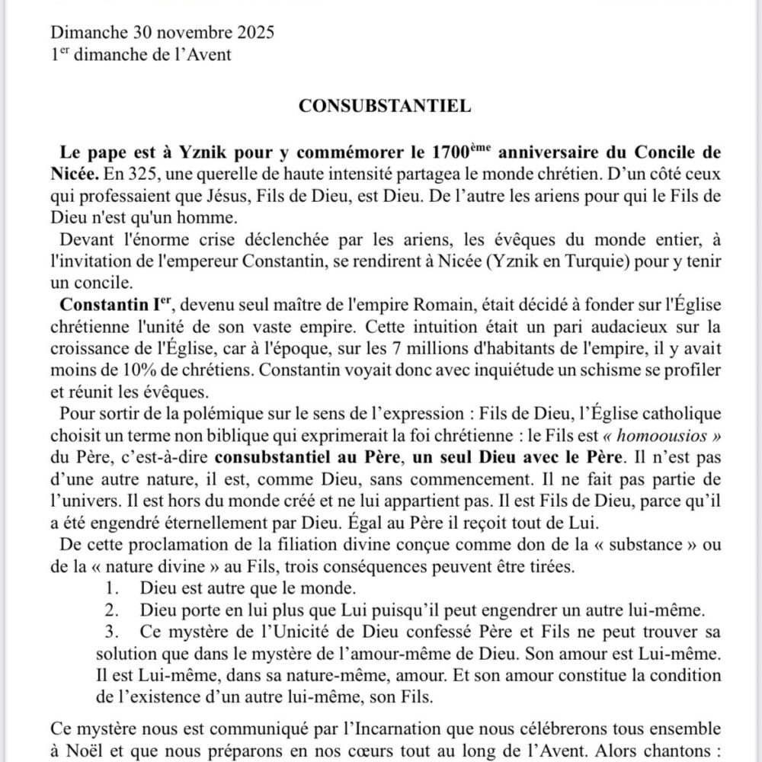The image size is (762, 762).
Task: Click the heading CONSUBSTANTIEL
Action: pos(384,106)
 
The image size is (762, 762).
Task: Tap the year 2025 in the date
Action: pos(250,34)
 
